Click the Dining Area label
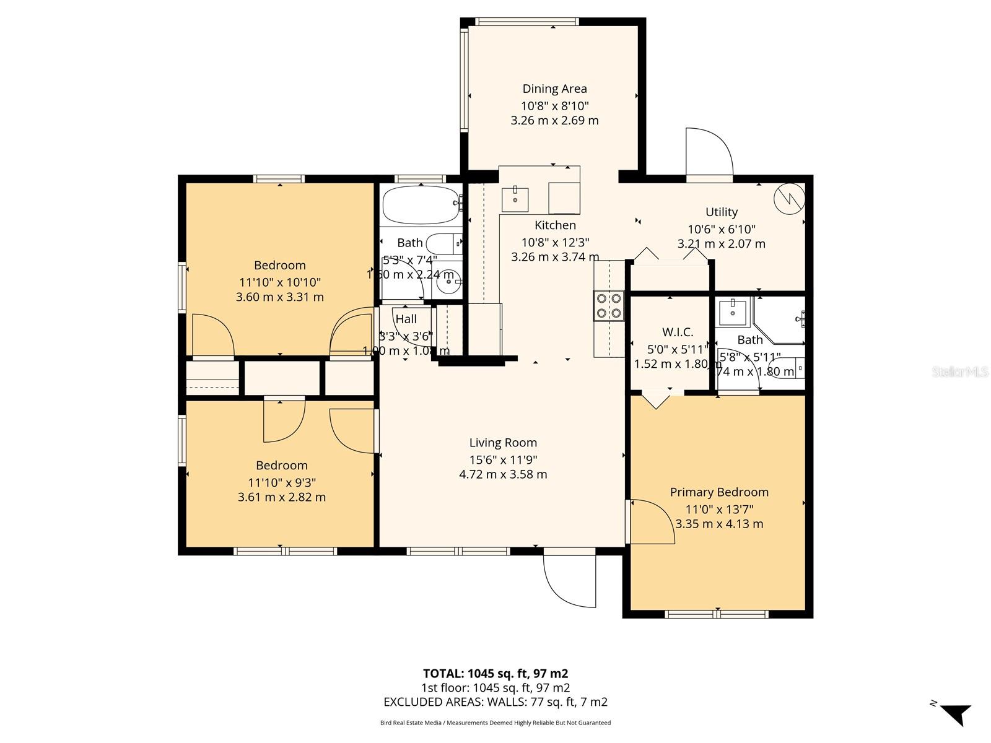554,89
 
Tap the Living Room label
503,443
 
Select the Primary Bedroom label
719,492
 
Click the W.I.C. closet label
678,332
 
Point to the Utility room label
722,212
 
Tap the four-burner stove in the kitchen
608,306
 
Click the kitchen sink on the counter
515,198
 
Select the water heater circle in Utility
790,198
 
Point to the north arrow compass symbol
954,713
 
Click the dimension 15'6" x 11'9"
503,460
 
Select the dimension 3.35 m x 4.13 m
719,524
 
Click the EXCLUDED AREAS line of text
495,702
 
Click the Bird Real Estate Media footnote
495,723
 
